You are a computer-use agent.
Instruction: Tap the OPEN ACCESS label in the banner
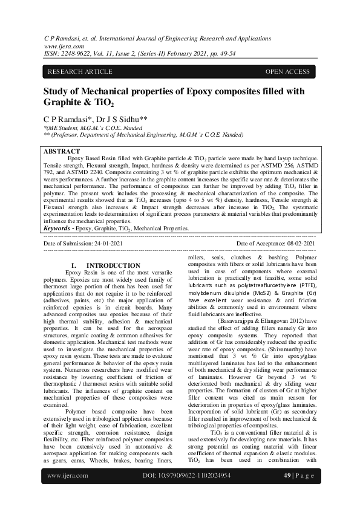click(287, 72)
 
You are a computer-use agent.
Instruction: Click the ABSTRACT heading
click(62, 151)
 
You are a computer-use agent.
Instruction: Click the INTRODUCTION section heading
click(113, 266)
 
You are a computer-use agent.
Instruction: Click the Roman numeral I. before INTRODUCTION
click(74, 266)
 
